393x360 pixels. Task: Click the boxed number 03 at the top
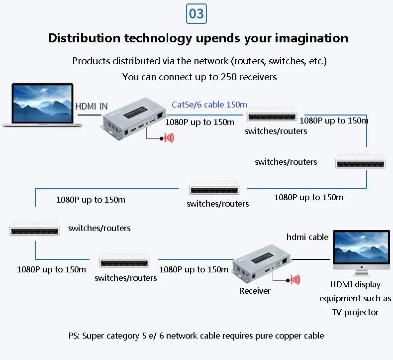pyautogui.click(x=196, y=13)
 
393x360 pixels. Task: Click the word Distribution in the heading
pyautogui.click(x=84, y=38)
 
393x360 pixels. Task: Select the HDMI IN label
pyautogui.click(x=92, y=107)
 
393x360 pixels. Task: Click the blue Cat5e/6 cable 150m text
pyautogui.click(x=209, y=105)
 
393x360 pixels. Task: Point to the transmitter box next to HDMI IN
pyautogui.click(x=133, y=117)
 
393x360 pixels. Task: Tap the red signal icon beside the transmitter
pyautogui.click(x=169, y=137)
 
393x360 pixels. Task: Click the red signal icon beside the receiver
pyautogui.click(x=295, y=280)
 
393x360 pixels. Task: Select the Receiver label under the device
pyautogui.click(x=255, y=291)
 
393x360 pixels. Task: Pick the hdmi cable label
pyautogui.click(x=307, y=237)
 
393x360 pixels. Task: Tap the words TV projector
pyautogui.click(x=355, y=312)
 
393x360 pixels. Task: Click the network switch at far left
pyautogui.click(x=35, y=229)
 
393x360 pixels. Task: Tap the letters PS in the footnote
pyautogui.click(x=74, y=336)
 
